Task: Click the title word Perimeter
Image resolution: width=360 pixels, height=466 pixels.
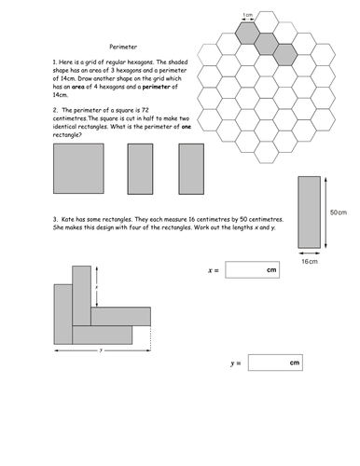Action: tap(123, 47)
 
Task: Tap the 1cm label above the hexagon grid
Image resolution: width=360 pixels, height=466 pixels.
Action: tap(248, 15)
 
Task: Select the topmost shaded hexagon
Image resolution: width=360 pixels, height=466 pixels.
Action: tap(247, 33)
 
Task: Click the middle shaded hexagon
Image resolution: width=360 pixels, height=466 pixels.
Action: tap(267, 44)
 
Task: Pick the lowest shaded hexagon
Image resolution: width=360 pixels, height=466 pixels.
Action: tap(285, 55)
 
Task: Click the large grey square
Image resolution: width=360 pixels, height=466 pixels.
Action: tap(78, 169)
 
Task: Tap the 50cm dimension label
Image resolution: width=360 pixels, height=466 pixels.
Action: tap(339, 212)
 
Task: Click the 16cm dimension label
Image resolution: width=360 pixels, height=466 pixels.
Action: tap(310, 262)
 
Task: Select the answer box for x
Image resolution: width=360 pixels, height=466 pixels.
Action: tap(253, 269)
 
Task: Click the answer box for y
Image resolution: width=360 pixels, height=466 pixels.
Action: tap(275, 363)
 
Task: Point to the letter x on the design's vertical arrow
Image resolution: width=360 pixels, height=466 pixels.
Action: tap(97, 287)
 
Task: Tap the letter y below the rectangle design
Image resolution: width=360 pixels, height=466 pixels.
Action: tap(101, 350)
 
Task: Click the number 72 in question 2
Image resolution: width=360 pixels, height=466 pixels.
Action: tap(145, 110)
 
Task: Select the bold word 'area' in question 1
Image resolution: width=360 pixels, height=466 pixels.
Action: tap(78, 87)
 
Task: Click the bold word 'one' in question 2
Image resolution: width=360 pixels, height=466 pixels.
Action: tap(187, 127)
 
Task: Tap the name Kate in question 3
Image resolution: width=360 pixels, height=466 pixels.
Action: tap(68, 219)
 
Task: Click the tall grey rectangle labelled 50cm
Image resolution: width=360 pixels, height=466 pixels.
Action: tap(310, 212)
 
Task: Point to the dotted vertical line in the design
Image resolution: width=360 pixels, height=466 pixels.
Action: tap(151, 338)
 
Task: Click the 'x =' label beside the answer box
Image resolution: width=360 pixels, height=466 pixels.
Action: tap(214, 270)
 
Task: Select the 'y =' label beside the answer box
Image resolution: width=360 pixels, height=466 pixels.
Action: tap(236, 363)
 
